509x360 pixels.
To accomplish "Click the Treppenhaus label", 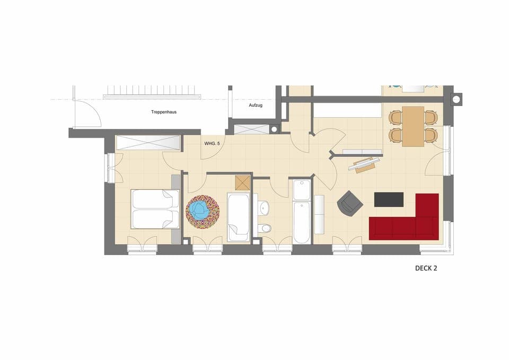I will [163, 112].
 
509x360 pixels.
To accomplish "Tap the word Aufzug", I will [256, 106].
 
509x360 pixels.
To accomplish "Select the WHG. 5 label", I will [213, 143].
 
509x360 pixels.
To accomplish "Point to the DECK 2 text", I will [426, 268].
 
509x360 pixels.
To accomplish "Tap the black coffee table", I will [389, 199].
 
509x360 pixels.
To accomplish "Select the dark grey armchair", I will [350, 204].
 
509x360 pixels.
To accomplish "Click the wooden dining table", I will [413, 126].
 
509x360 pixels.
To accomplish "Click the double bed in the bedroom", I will [155, 209].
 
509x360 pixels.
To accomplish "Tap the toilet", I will [265, 229].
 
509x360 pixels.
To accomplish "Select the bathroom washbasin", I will [264, 208].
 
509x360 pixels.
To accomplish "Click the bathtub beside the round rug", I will [238, 217].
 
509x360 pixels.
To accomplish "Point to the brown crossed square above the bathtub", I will [243, 183].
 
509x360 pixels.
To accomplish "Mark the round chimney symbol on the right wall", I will [456, 99].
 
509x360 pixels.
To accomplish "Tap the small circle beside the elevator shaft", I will [274, 128].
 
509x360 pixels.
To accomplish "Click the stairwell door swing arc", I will [87, 114].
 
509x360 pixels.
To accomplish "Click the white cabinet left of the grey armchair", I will [319, 214].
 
